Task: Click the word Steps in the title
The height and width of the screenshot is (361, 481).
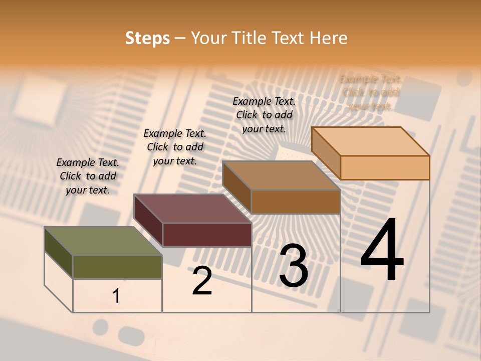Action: point(147,38)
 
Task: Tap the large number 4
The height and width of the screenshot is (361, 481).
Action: point(382,251)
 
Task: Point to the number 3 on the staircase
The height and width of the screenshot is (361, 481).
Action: point(294,266)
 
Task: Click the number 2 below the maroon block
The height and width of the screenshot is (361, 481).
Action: point(202,281)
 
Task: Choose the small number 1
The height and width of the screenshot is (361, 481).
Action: point(116,296)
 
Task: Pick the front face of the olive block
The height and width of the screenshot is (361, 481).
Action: point(117,267)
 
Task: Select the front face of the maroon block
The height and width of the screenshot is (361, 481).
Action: point(207,235)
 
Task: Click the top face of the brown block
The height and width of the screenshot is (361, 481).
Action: point(281,175)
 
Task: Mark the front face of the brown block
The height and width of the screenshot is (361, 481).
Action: point(296,202)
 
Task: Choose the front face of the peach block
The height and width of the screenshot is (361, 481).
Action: point(385,167)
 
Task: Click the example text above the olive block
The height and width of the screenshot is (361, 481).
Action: point(88,176)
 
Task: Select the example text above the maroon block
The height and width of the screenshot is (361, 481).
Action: point(175,147)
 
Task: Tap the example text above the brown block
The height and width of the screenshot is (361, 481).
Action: point(264,115)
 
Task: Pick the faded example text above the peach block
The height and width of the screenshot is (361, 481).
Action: point(370,92)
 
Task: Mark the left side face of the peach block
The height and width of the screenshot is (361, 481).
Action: point(326,153)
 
